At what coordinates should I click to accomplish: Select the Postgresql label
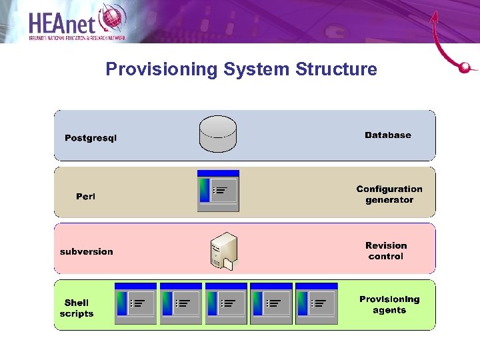coord(91,138)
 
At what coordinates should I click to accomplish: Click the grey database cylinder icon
coord(218,134)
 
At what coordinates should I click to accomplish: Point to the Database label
coord(388,135)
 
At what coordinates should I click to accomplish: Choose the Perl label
coord(85,196)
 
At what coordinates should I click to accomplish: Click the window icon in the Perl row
coord(218,191)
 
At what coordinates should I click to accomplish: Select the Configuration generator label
coord(389,195)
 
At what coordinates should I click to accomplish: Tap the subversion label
coord(87,251)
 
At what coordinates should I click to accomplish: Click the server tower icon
coord(222,251)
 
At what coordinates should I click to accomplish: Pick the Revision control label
coord(386,251)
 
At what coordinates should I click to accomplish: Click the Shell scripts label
coord(77,308)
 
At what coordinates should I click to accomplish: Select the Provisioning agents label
coord(389,305)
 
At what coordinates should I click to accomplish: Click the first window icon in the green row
coord(135,303)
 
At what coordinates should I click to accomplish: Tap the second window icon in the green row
coord(181,303)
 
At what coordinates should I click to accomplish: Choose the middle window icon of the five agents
coord(226,303)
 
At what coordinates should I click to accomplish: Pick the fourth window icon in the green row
coord(271,303)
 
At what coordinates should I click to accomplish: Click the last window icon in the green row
coord(316,303)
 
